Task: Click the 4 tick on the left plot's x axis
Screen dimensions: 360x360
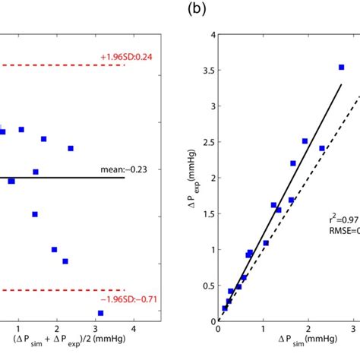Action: click(134, 328)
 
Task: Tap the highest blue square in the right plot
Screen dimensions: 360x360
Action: click(341, 68)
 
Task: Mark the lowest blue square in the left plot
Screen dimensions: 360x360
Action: click(100, 313)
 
